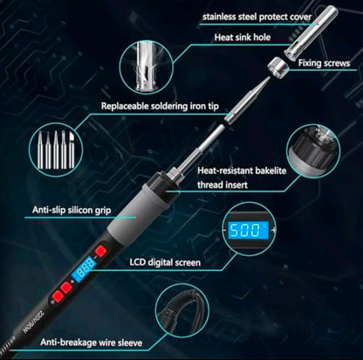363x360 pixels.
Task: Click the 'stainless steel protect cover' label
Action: click(257, 17)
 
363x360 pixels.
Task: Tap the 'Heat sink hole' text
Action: click(243, 38)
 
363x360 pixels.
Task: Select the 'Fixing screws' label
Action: click(324, 63)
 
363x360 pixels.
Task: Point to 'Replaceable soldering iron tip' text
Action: click(160, 106)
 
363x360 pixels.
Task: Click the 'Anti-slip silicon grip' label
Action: click(72, 210)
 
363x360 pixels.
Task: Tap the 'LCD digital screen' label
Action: click(165, 262)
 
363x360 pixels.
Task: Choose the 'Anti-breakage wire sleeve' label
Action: click(92, 343)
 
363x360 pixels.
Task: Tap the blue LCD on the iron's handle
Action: click(84, 267)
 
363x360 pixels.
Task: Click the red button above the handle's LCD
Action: click(100, 251)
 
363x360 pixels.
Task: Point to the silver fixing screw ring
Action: click(277, 68)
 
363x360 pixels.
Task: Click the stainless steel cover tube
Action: click(312, 32)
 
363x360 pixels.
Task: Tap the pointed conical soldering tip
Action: click(247, 100)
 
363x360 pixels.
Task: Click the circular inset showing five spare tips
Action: click(56, 150)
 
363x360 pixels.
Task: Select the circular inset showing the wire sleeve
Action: click(182, 310)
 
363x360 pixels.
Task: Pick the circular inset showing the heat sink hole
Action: click(147, 67)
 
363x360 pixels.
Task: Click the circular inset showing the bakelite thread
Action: click(313, 152)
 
